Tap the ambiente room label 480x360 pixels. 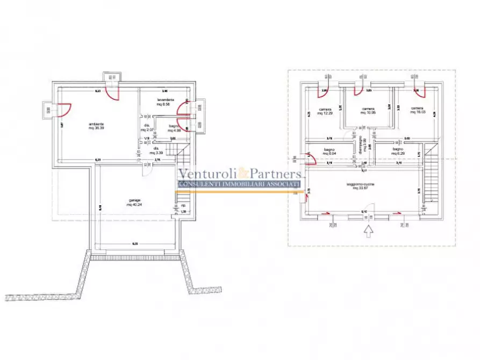click(97, 127)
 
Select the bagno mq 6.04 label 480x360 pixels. click(329, 152)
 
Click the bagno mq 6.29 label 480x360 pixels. click(398, 152)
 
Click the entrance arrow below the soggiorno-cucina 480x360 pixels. click(368, 232)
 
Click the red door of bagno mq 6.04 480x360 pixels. click(310, 159)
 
